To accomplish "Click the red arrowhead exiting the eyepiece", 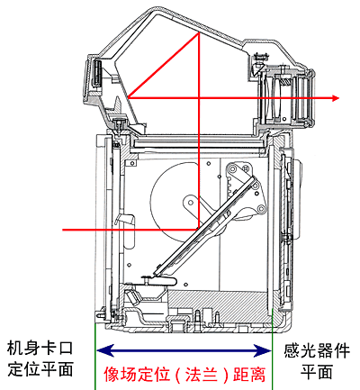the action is click(x=336, y=98).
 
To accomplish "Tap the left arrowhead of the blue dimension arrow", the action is click(x=105, y=350).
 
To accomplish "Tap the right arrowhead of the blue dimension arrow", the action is click(x=262, y=350).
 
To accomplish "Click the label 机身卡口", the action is click(x=40, y=349).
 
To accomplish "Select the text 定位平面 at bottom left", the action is click(x=40, y=368).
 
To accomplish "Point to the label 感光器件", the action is click(x=317, y=350).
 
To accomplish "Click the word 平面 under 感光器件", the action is click(x=317, y=371).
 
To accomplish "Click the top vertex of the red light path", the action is click(x=199, y=32).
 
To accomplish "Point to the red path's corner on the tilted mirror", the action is click(x=198, y=230).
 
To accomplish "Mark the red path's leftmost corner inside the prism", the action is click(x=129, y=97).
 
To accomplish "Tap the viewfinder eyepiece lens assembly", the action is click(x=286, y=97).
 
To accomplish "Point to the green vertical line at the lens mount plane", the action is click(x=95, y=357).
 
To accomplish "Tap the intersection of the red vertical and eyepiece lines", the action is click(x=199, y=97).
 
